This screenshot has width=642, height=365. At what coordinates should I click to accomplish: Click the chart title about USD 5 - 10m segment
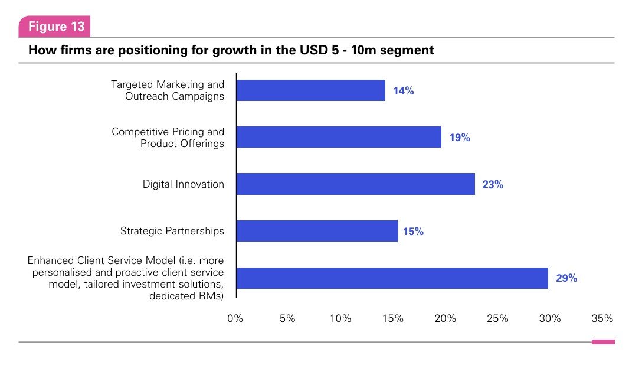pyautogui.click(x=231, y=50)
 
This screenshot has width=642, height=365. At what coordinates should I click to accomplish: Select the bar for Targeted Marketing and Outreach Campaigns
pyautogui.click(x=310, y=90)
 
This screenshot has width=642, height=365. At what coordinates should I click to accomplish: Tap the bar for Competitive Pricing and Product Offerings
pyautogui.click(x=339, y=137)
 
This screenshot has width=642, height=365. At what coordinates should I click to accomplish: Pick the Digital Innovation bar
pyautogui.click(x=355, y=184)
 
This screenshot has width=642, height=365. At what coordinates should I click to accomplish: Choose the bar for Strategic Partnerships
pyautogui.click(x=317, y=231)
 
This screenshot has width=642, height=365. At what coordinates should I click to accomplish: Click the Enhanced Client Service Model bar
pyautogui.click(x=392, y=278)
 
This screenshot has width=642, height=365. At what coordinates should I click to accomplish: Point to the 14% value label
pyautogui.click(x=404, y=91)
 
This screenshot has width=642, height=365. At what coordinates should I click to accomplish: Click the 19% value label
pyautogui.click(x=460, y=138)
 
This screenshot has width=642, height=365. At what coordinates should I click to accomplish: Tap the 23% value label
pyautogui.click(x=493, y=184)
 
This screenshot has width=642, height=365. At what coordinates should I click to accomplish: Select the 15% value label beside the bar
pyautogui.click(x=413, y=232)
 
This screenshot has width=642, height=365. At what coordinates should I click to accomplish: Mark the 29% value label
pyautogui.click(x=566, y=278)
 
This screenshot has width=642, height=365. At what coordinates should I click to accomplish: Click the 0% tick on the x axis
pyautogui.click(x=235, y=318)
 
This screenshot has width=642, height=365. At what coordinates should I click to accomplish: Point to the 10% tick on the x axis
pyautogui.click(x=340, y=318)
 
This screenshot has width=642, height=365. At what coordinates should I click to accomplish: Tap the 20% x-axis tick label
pyautogui.click(x=446, y=318)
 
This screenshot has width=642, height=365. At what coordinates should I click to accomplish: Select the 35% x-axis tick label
pyautogui.click(x=602, y=318)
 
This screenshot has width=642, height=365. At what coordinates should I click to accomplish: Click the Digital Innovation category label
pyautogui.click(x=184, y=184)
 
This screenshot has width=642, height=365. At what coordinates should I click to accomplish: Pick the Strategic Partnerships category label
pyautogui.click(x=172, y=231)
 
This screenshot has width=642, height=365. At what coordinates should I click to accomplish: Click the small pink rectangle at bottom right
pyautogui.click(x=603, y=341)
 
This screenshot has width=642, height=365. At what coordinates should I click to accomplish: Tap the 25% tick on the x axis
pyautogui.click(x=497, y=318)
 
